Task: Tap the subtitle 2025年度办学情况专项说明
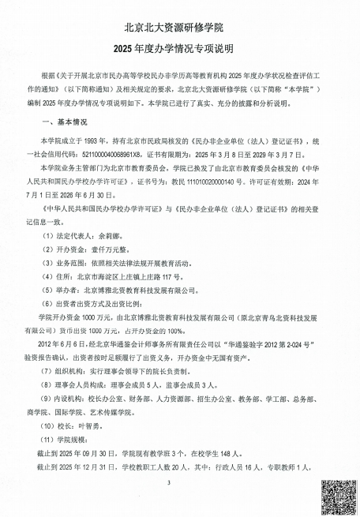pyautogui.click(x=180, y=52)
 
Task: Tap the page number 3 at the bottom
pyautogui.click(x=180, y=482)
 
